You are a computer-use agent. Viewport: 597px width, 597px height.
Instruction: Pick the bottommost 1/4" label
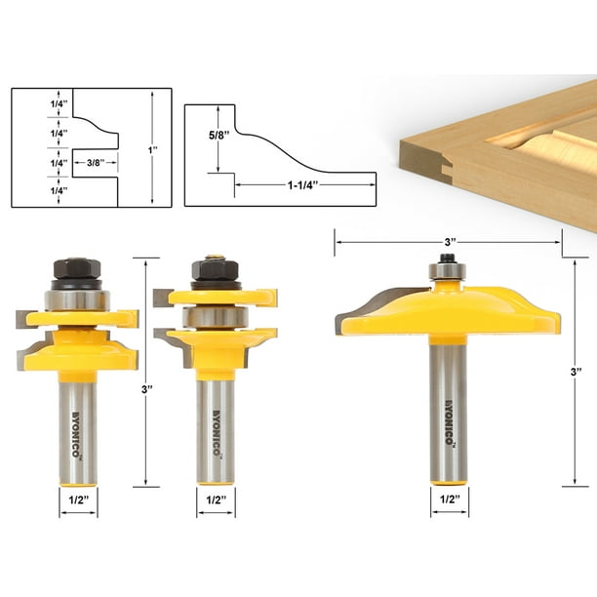[x=33, y=191]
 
